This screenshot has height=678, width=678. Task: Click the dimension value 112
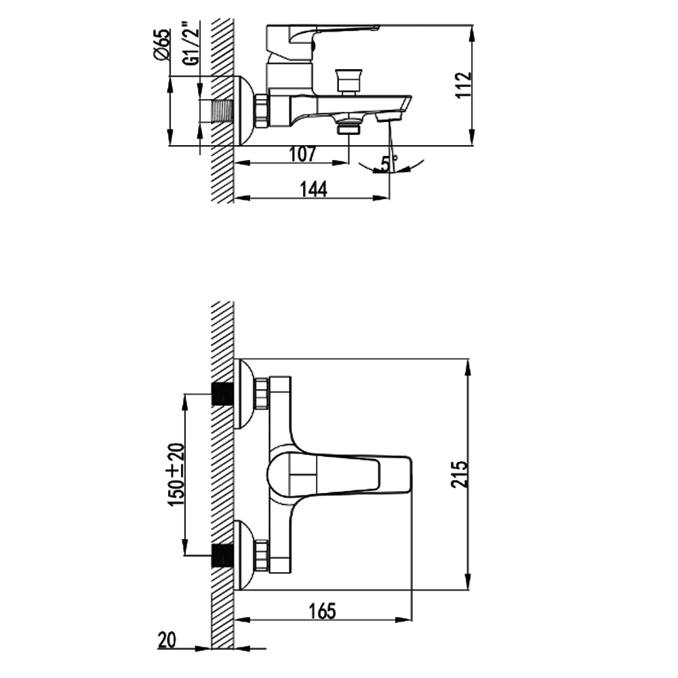pyautogui.click(x=464, y=85)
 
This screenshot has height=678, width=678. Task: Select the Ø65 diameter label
pyautogui.click(x=162, y=45)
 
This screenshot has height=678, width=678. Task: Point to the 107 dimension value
pyautogui.click(x=302, y=155)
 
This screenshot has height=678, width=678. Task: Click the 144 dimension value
pyautogui.click(x=314, y=189)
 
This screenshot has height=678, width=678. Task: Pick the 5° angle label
pyautogui.click(x=388, y=163)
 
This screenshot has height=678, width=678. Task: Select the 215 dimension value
pyautogui.click(x=459, y=475)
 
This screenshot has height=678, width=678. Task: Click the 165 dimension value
pyautogui.click(x=323, y=611)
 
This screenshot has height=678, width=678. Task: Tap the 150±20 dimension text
pyautogui.click(x=176, y=475)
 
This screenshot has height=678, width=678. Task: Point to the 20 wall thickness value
pyautogui.click(x=167, y=640)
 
